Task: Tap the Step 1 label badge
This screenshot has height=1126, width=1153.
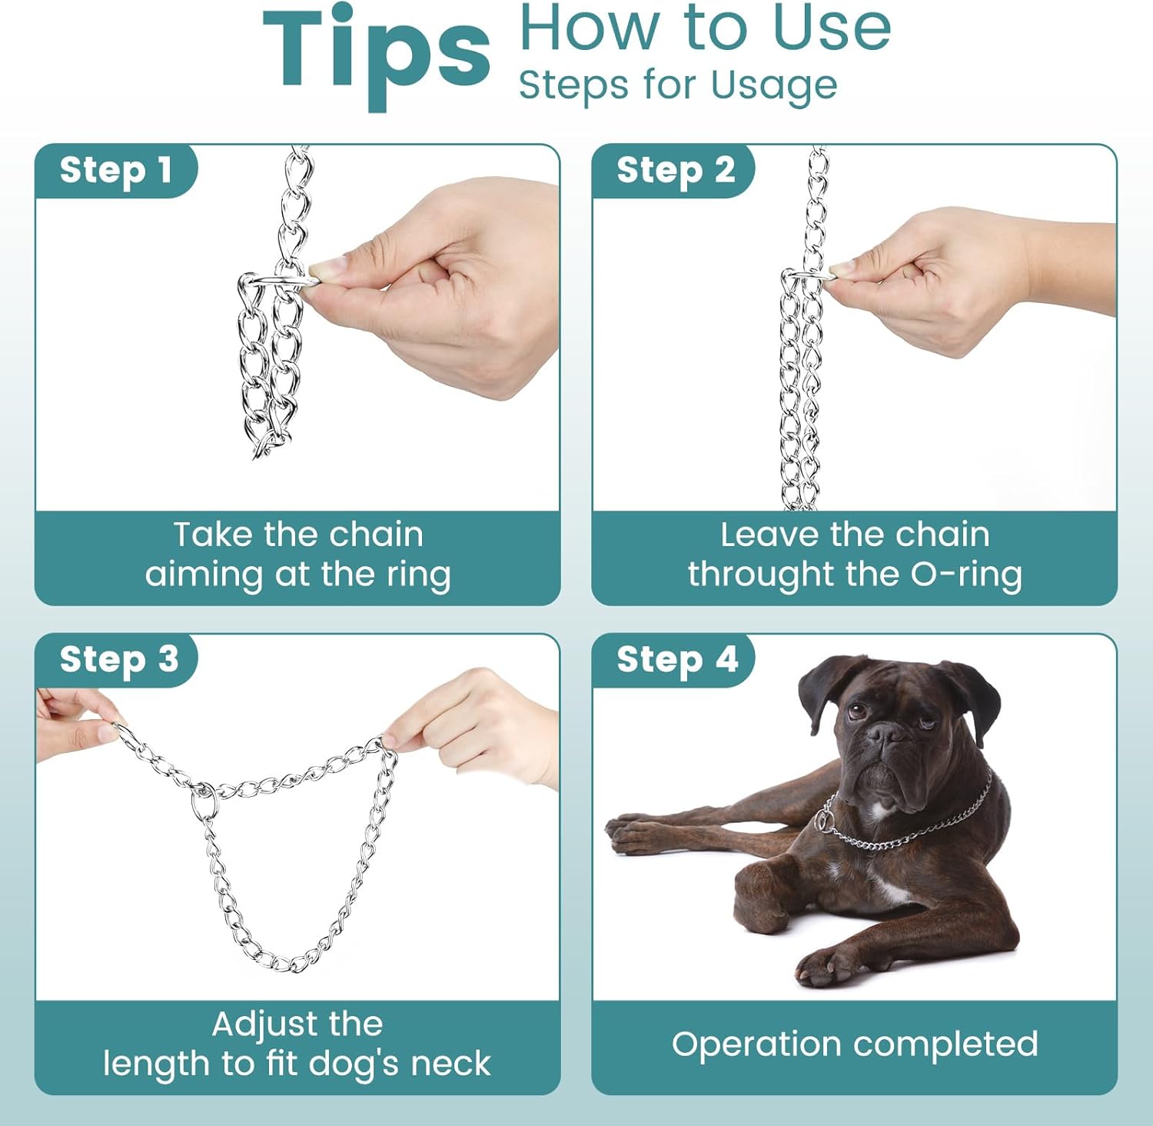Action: (x=115, y=170)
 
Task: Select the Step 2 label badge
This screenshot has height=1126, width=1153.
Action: (x=675, y=170)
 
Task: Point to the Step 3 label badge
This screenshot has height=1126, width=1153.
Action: (x=118, y=659)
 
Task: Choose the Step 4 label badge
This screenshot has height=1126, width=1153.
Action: (x=676, y=659)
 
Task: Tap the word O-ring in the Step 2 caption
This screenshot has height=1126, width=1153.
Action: (x=966, y=574)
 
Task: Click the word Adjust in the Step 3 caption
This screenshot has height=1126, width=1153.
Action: (x=254, y=1024)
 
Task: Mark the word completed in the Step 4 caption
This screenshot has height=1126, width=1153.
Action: (x=945, y=1044)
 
